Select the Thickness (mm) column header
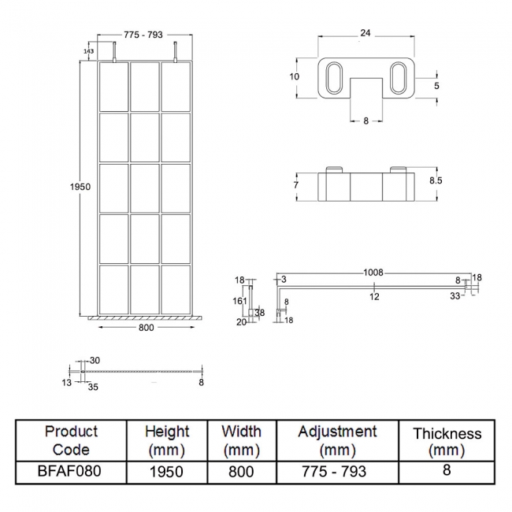coord(447,442)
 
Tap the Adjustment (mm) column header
coord(337,441)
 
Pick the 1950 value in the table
coord(166,472)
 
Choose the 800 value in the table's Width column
coord(241,472)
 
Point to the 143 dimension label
coord(87,51)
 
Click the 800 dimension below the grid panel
coord(146,327)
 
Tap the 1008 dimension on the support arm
coord(373,273)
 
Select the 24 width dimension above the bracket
coord(365,33)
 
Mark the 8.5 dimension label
coord(435,180)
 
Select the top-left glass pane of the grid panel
coord(113,87)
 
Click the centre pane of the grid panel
coord(144,187)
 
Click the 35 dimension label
coord(94,388)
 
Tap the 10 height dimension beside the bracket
coord(293,77)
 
